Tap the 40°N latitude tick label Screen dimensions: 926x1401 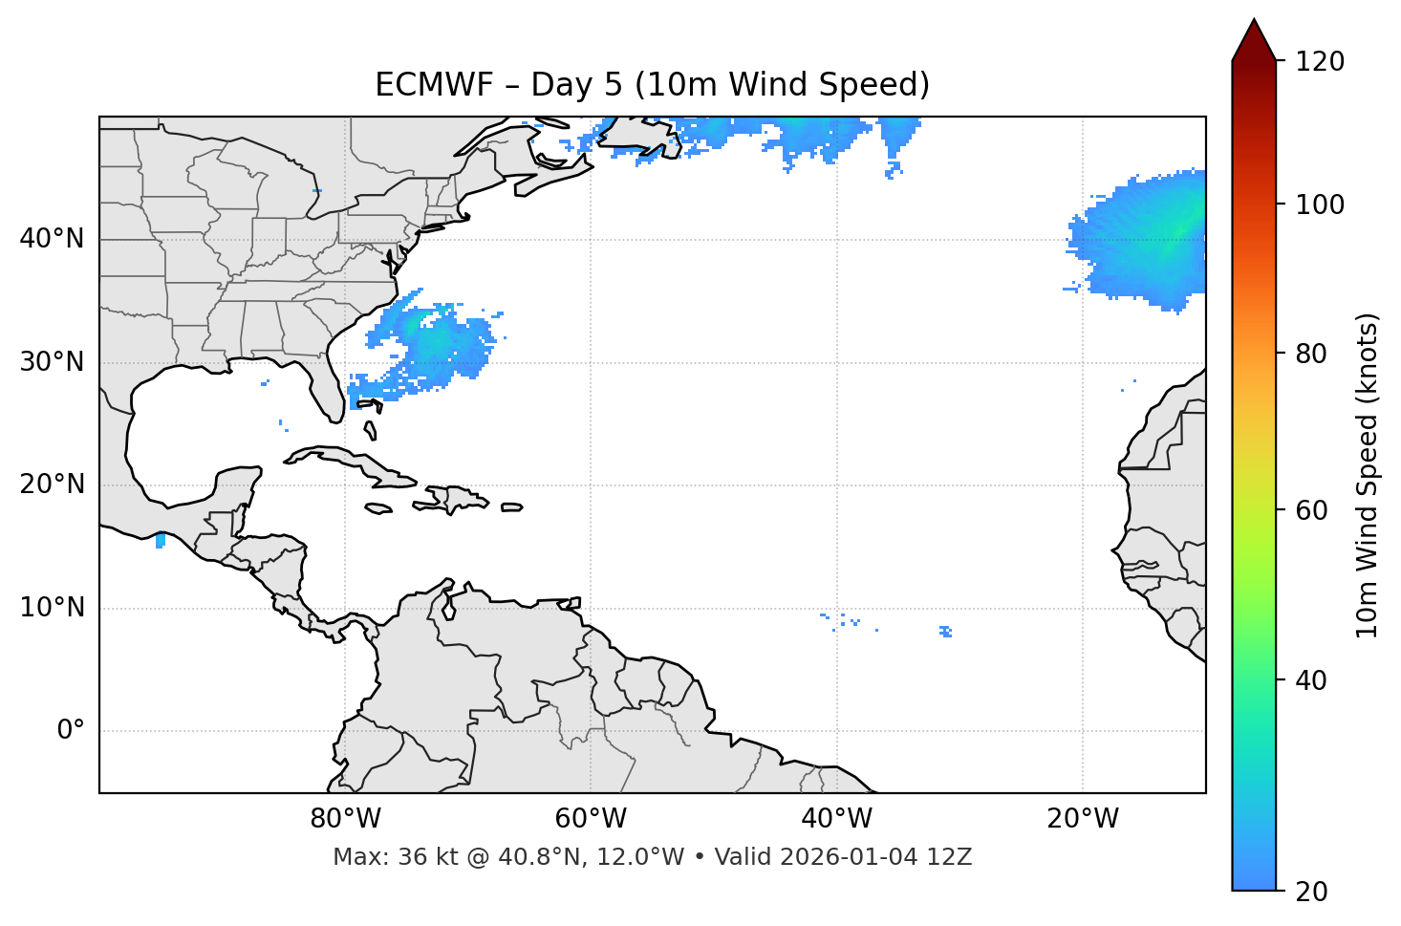coord(53,239)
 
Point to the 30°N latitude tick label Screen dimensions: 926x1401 coord(53,362)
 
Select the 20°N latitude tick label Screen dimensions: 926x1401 coord(53,485)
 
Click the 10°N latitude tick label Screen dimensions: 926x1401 coord(53,608)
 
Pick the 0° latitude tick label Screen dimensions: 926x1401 coord(71,731)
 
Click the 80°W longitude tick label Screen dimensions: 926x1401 coord(345,819)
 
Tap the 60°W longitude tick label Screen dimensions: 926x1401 coord(591,819)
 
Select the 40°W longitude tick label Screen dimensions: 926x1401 coord(836,819)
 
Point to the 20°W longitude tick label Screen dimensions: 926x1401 coord(1083,819)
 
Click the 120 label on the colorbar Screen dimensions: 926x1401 coord(1320,62)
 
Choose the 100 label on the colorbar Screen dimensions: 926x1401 coord(1320,205)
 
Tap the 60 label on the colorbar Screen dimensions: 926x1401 coord(1313,510)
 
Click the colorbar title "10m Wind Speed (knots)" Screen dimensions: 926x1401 coord(1368,475)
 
